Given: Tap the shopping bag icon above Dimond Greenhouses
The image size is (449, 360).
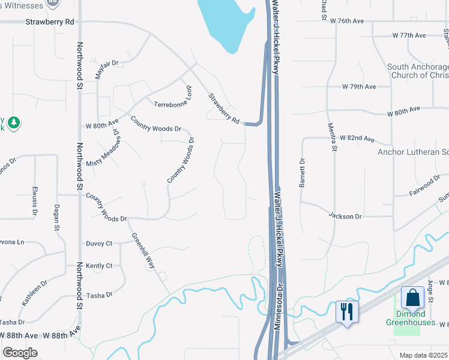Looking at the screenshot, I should (413, 298).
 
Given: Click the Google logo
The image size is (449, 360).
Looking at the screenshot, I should (20, 353).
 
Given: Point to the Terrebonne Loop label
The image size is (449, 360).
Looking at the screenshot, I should (173, 104).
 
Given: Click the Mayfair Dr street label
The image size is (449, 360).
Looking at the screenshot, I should (107, 70).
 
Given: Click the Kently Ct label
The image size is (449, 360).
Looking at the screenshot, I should (99, 265).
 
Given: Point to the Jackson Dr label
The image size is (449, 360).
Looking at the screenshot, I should (345, 215).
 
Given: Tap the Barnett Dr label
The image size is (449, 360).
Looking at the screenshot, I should (303, 173).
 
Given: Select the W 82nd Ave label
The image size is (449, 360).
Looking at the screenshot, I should (357, 138).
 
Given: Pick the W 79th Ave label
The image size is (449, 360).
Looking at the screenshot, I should (359, 86).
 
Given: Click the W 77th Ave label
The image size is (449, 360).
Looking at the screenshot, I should (409, 35).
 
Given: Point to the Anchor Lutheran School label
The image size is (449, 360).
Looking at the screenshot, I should (413, 152).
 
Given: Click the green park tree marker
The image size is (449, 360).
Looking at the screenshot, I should (14, 123).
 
